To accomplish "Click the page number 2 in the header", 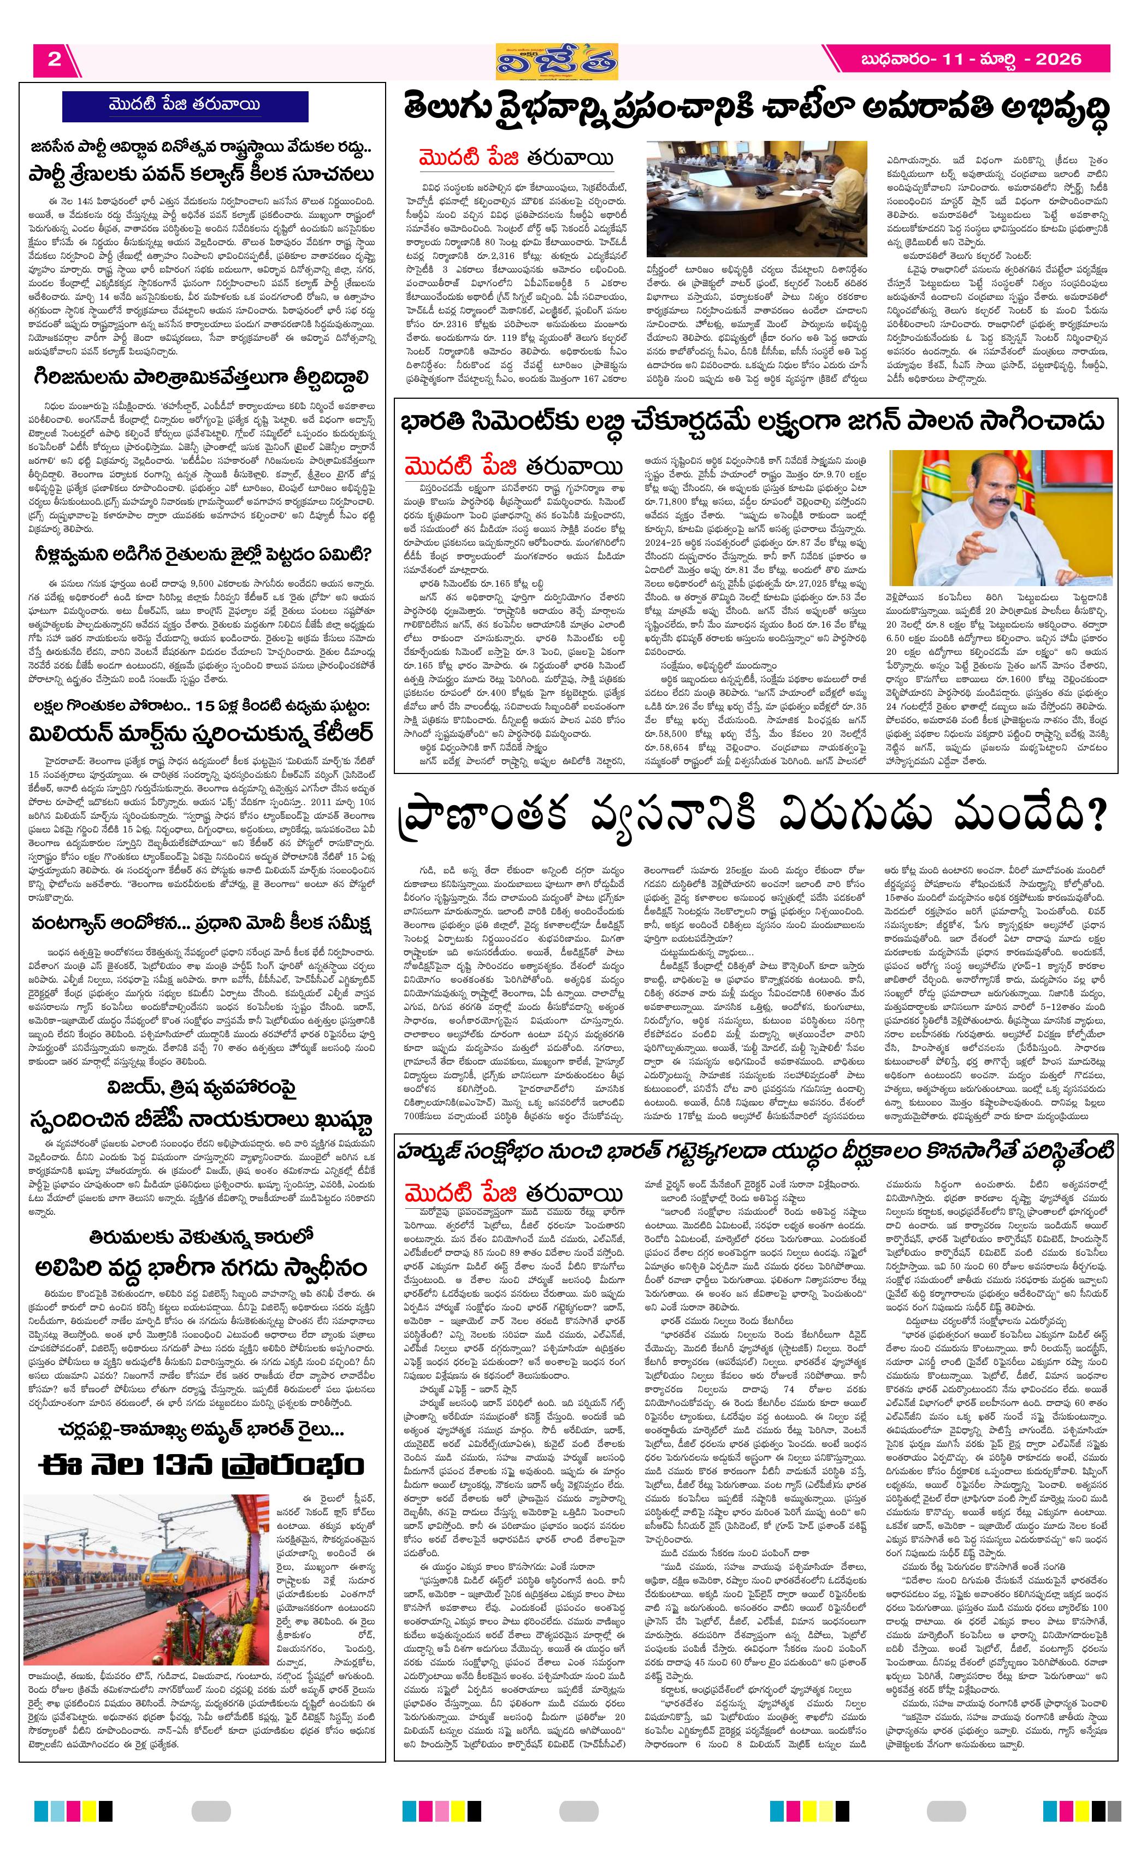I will click(x=54, y=60).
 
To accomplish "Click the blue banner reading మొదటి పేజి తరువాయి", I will click(x=185, y=105).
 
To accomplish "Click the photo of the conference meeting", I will click(x=756, y=199).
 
